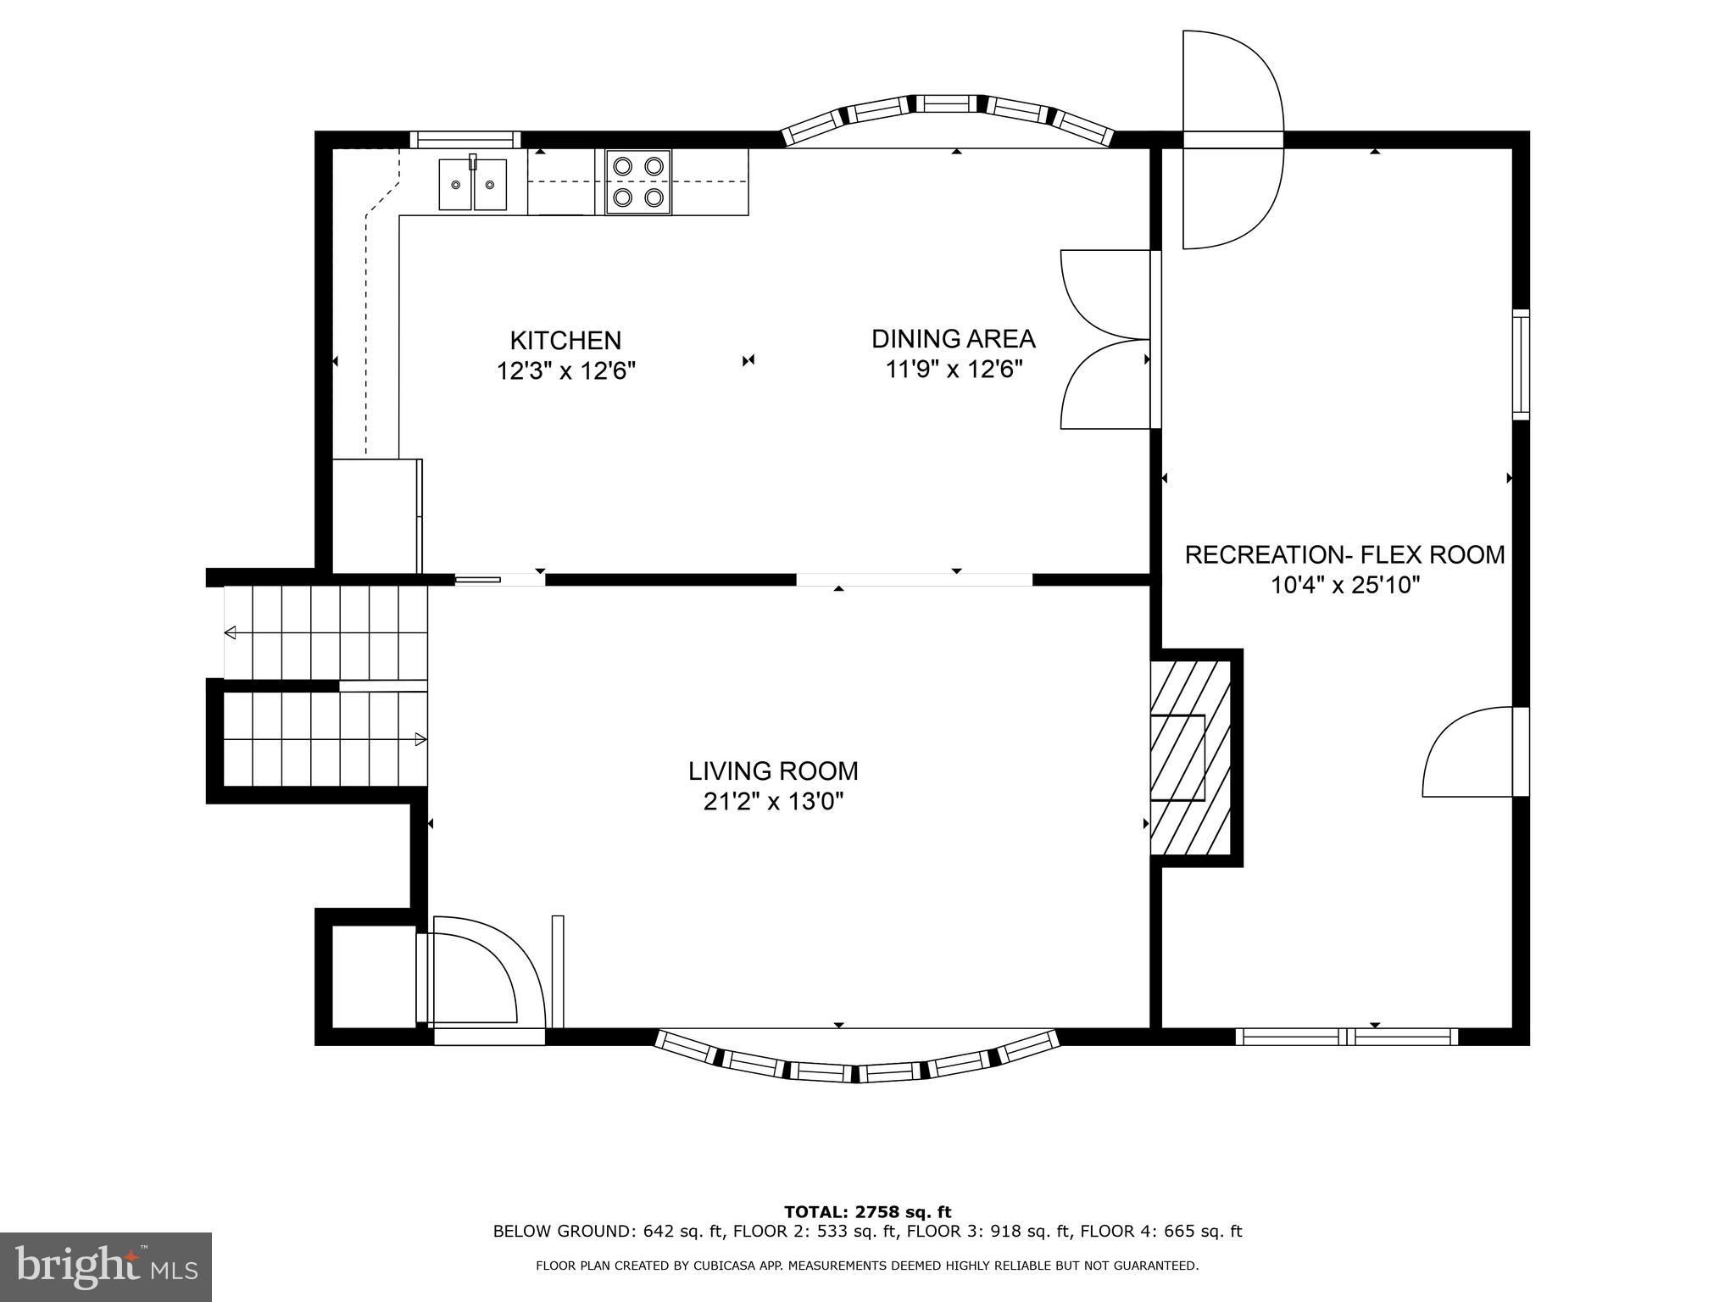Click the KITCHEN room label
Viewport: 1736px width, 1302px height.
pos(565,341)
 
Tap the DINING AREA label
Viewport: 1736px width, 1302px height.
pos(953,339)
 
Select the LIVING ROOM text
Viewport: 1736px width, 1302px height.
pos(772,771)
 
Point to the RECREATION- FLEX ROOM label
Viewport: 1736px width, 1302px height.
pos(1344,555)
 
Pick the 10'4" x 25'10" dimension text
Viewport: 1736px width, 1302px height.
pos(1344,586)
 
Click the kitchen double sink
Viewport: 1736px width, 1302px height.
pos(472,184)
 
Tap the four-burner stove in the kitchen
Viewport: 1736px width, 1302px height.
pos(637,182)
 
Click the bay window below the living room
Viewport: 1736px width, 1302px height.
pos(856,1060)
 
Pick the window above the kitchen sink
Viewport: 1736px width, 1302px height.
pos(465,140)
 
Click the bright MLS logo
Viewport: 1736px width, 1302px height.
pos(105,1266)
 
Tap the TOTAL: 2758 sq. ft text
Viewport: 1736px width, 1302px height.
pos(867,1212)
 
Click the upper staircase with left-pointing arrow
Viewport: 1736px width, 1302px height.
pos(325,632)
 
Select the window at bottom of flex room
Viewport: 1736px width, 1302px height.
pos(1346,1036)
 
